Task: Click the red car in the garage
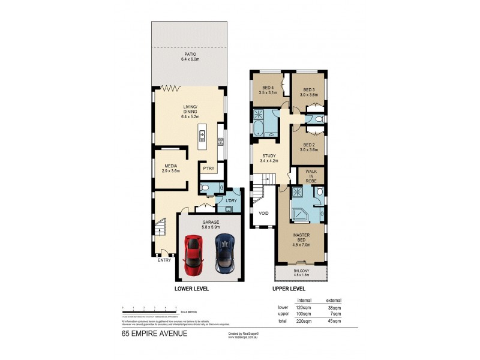(x=194, y=254)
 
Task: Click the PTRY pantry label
(x=208, y=169)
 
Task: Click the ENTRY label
(x=164, y=260)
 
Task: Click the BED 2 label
(x=308, y=147)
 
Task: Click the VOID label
(x=263, y=213)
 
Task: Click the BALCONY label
(x=301, y=271)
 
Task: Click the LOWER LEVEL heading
(x=191, y=289)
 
